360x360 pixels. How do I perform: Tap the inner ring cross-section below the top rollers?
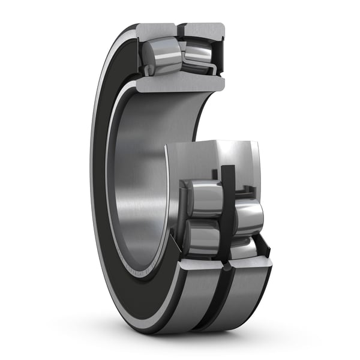point(180,82)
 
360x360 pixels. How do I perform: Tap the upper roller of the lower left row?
point(203,198)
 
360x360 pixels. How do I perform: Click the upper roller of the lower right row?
point(247,216)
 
